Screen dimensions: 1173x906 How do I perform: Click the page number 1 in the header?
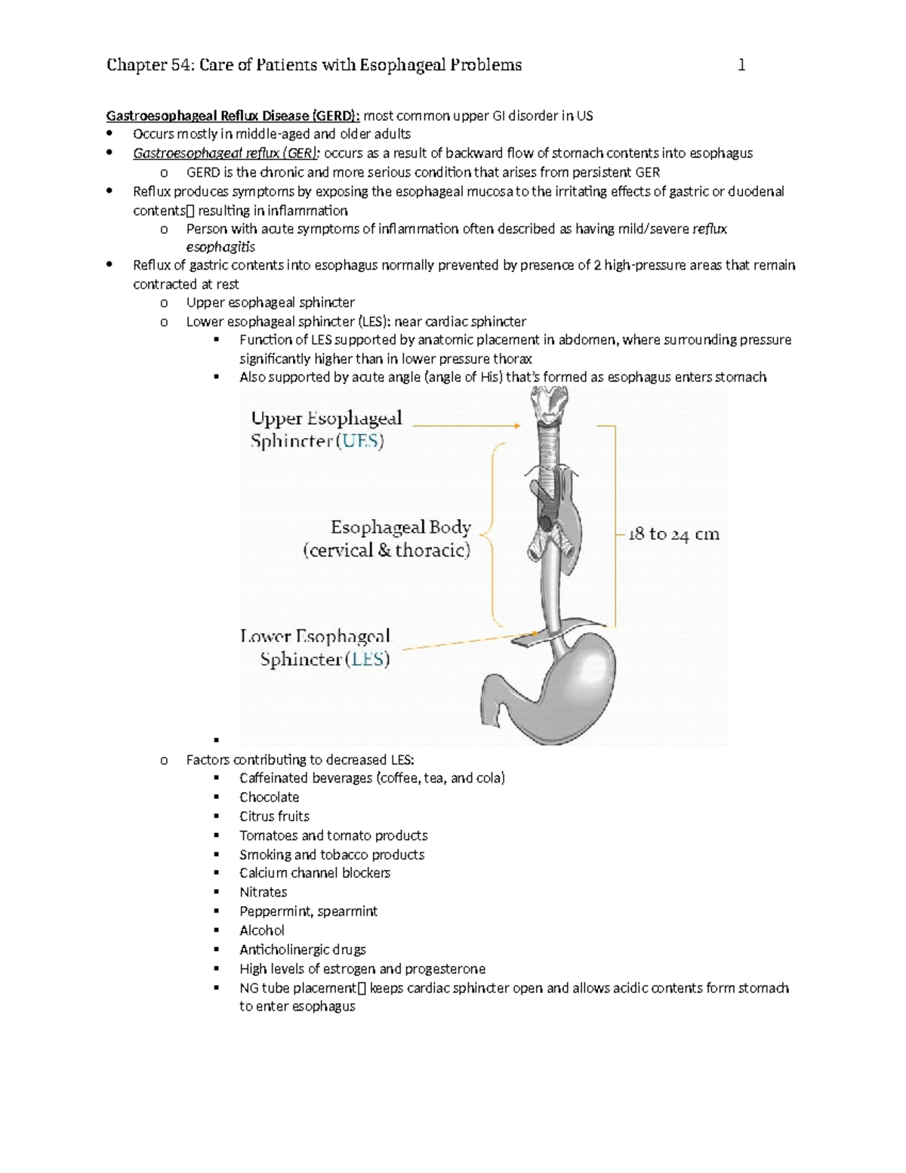(741, 66)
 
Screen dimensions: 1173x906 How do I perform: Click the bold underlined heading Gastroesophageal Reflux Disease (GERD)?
(233, 116)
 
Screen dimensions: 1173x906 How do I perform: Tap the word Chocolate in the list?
(269, 797)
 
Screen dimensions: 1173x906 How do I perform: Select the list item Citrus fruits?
(274, 816)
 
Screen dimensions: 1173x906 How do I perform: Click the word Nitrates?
(263, 892)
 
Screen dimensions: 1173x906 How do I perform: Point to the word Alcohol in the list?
(261, 931)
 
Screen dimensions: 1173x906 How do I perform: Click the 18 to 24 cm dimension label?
(673, 534)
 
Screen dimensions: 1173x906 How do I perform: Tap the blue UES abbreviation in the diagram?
(360, 441)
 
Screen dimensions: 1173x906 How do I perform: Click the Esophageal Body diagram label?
(400, 527)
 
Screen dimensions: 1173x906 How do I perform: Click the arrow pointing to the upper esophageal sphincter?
(466, 426)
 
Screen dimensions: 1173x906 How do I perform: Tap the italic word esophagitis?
(220, 247)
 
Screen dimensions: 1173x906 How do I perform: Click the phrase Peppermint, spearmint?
(308, 911)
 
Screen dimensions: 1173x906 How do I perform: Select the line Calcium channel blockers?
(314, 873)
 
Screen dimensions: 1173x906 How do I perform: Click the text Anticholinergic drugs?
(302, 949)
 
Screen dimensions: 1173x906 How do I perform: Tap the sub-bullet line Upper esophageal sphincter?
(270, 303)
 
